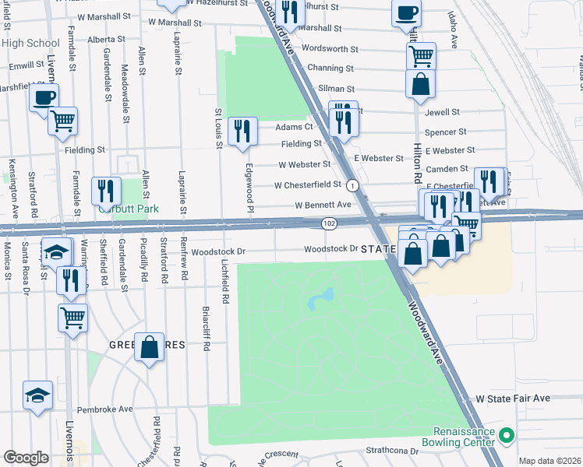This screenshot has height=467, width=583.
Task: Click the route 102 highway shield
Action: tap(330, 223)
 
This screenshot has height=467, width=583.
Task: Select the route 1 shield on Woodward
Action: tap(353, 185)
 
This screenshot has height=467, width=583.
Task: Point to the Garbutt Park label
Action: tap(128, 209)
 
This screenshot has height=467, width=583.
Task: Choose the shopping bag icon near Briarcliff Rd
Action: tap(149, 347)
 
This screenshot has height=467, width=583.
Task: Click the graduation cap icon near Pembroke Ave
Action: tap(38, 395)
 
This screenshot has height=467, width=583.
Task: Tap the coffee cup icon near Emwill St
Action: tap(44, 97)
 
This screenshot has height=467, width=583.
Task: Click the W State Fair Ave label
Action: tap(513, 399)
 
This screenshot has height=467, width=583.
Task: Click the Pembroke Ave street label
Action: tap(104, 408)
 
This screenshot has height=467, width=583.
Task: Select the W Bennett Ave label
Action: tap(323, 205)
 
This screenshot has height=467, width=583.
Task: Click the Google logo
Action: tap(26, 458)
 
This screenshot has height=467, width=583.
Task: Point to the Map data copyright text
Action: tap(549, 461)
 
